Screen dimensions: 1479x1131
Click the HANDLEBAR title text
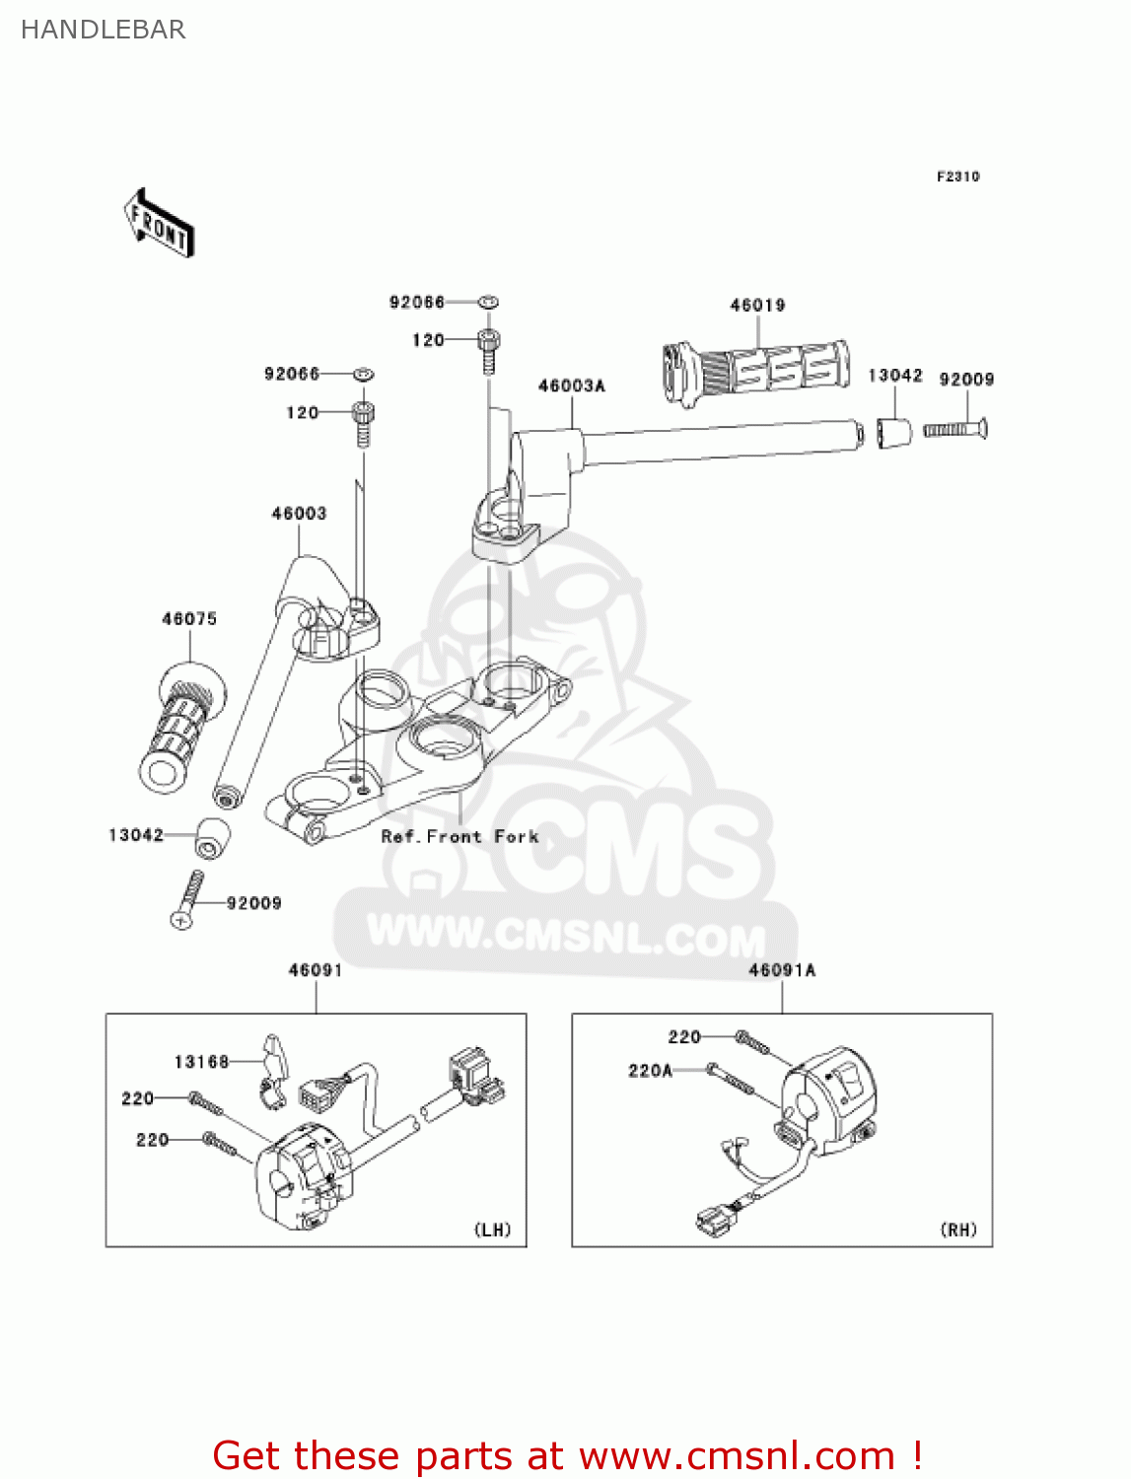click(x=103, y=30)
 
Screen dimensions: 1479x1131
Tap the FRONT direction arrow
click(x=159, y=224)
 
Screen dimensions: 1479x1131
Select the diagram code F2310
click(x=957, y=176)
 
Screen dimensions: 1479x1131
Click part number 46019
click(x=757, y=306)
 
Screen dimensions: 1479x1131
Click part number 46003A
click(x=571, y=387)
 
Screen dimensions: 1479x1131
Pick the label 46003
click(x=299, y=514)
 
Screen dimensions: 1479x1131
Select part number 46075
click(x=189, y=619)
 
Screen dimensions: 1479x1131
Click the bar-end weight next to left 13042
click(x=211, y=838)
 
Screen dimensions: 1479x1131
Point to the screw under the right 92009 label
click(x=955, y=429)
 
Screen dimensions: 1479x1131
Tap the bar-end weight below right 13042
click(x=894, y=431)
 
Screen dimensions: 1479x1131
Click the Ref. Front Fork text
click(x=459, y=837)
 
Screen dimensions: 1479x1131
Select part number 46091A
click(x=782, y=970)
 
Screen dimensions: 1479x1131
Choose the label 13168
click(x=201, y=1062)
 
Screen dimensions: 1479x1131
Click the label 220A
click(x=650, y=1071)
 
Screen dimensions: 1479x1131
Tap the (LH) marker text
click(x=493, y=1230)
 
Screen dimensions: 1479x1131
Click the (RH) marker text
click(x=958, y=1230)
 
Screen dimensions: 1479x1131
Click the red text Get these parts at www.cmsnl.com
click(x=567, y=1455)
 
